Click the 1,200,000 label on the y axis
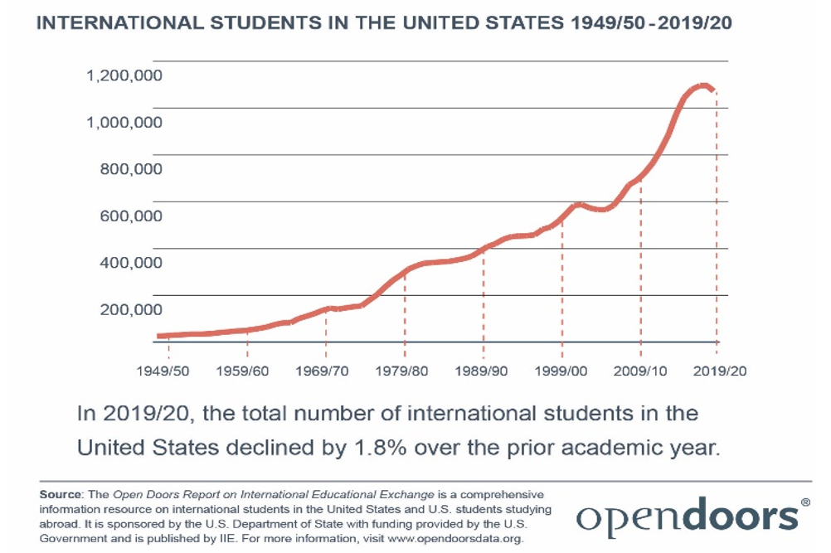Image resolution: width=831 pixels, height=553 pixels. click(124, 75)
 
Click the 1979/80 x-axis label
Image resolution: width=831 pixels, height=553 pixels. click(403, 371)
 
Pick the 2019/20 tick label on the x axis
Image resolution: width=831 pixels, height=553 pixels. click(718, 371)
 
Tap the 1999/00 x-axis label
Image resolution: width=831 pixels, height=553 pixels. click(561, 371)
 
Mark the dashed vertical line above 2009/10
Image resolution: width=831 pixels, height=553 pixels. click(640, 265)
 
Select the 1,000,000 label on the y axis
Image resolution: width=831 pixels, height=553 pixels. click(124, 122)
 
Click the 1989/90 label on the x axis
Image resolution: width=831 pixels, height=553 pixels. click(483, 371)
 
